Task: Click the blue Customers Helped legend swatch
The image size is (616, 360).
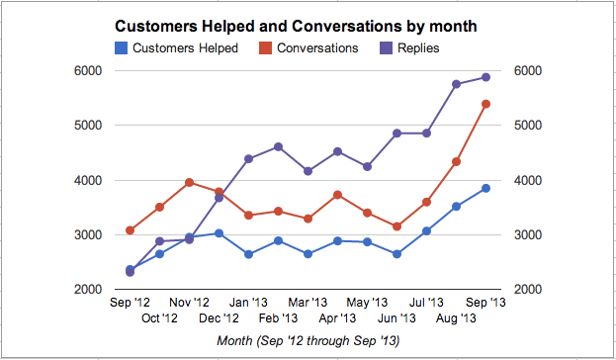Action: [x=121, y=47]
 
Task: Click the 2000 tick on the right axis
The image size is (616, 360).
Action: [x=527, y=290]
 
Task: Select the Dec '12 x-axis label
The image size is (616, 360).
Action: [x=219, y=318]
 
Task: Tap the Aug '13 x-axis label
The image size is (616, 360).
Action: [x=456, y=318]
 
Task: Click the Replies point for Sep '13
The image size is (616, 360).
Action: [x=485, y=77]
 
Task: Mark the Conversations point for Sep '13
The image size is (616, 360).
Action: [x=485, y=104]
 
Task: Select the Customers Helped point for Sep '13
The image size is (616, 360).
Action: [x=485, y=188]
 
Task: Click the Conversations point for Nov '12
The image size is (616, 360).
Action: [x=189, y=182]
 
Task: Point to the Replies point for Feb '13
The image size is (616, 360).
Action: [x=278, y=146]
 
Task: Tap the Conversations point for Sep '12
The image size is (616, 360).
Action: [x=131, y=230]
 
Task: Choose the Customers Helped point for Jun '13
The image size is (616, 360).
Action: [x=396, y=254]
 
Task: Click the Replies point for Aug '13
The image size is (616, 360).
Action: [x=456, y=84]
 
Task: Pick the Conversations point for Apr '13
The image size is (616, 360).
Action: [x=337, y=195]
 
